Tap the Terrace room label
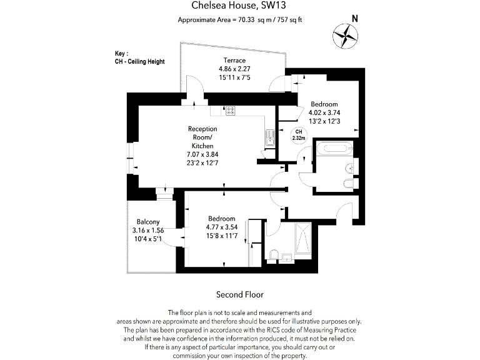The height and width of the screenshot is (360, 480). pyautogui.click(x=231, y=60)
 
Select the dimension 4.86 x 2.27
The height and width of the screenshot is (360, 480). pyautogui.click(x=231, y=69)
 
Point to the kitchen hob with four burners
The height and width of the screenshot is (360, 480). pyautogui.click(x=230, y=111)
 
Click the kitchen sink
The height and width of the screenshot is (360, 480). pyautogui.click(x=269, y=137)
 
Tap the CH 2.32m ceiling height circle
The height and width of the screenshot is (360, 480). pyautogui.click(x=298, y=134)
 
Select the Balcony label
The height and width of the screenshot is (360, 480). pyautogui.click(x=148, y=222)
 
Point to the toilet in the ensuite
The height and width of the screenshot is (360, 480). pyautogui.click(x=273, y=254)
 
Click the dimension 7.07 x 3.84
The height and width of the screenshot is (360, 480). pyautogui.click(x=202, y=154)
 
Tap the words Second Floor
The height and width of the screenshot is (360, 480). pyautogui.click(x=240, y=294)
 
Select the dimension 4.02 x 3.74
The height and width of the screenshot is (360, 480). pyautogui.click(x=324, y=112)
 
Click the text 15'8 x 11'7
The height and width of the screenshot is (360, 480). pyautogui.click(x=222, y=236)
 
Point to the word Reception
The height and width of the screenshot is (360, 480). pyautogui.click(x=202, y=129)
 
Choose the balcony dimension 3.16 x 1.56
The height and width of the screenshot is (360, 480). pyautogui.click(x=148, y=230)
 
